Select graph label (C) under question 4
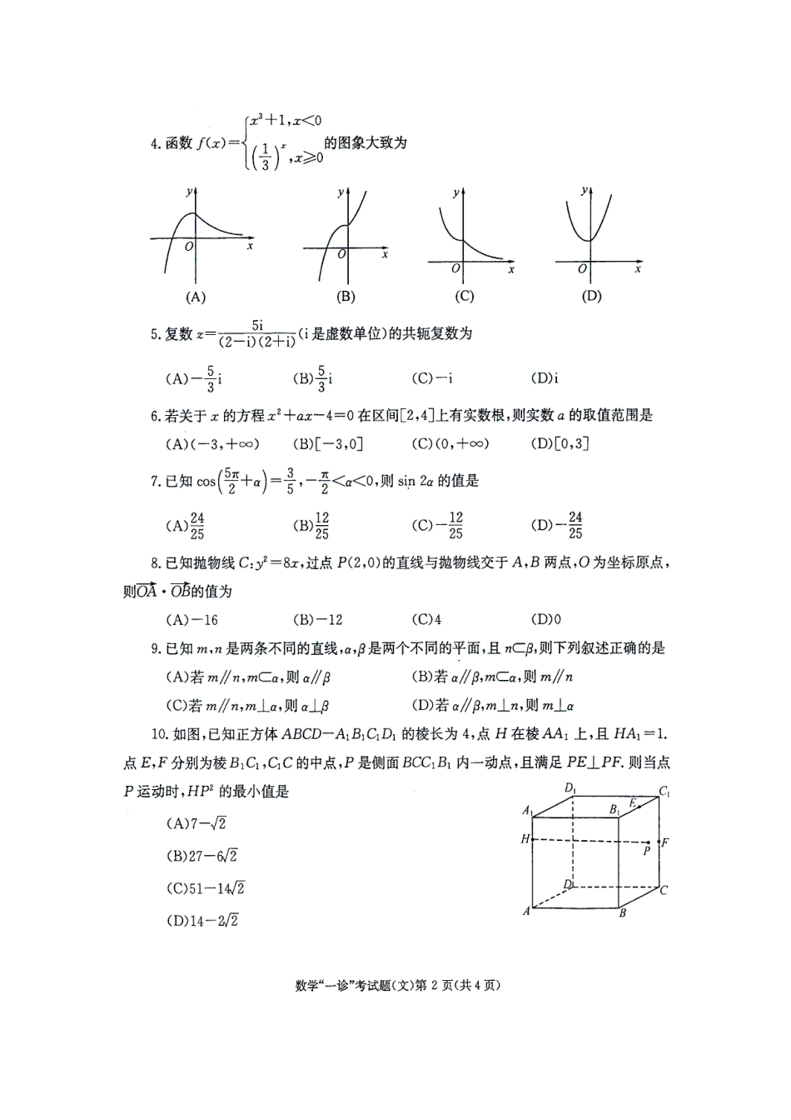(x=464, y=296)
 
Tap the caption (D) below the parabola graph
(x=591, y=296)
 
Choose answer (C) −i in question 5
(x=432, y=378)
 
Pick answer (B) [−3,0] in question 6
(x=328, y=443)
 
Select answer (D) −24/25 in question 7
(x=556, y=525)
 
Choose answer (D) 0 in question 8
(x=545, y=619)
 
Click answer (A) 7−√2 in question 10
(x=197, y=823)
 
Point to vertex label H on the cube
(x=525, y=839)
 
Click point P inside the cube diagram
(x=646, y=851)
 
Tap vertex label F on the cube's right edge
(x=665, y=842)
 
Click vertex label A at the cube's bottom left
(x=526, y=911)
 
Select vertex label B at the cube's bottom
(x=622, y=914)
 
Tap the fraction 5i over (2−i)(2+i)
(x=256, y=333)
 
